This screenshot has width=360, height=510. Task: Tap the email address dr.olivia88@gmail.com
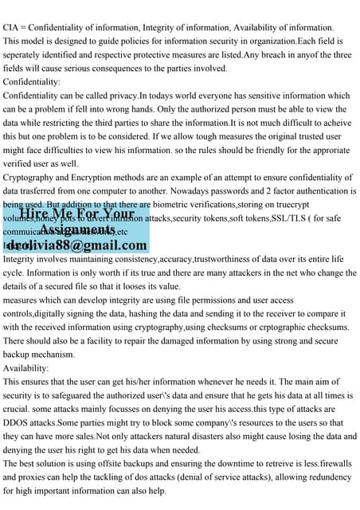76,245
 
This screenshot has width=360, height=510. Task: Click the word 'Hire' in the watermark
37,213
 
